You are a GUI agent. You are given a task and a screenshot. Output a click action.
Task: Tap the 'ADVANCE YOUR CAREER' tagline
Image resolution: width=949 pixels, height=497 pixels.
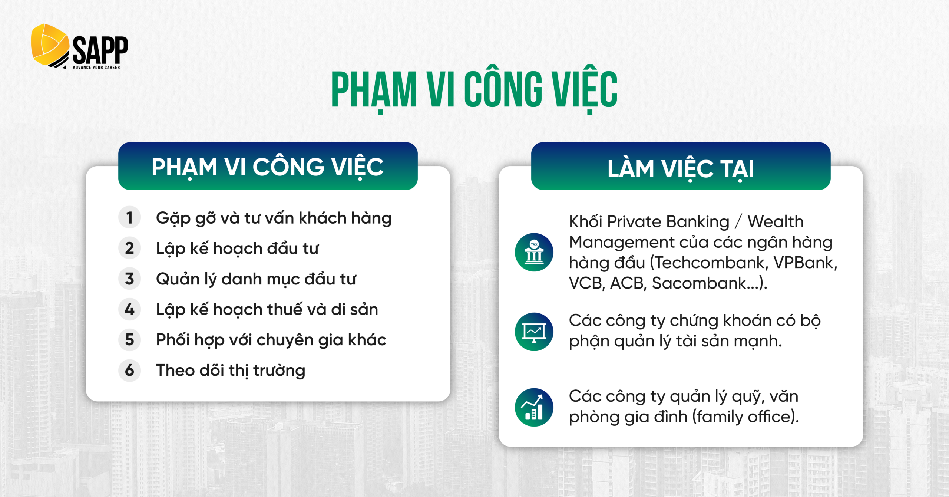click(x=96, y=68)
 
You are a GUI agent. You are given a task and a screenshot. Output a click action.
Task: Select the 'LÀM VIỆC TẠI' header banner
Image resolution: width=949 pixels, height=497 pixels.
click(x=681, y=166)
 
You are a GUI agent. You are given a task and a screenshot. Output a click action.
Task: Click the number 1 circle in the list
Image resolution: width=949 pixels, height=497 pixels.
click(x=129, y=218)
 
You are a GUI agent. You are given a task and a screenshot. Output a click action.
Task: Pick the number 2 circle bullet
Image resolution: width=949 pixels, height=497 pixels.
click(x=129, y=248)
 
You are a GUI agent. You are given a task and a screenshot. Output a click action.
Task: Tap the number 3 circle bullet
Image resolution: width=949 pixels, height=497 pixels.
click(x=129, y=279)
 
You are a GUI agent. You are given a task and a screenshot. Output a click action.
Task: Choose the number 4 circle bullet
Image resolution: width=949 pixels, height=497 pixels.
click(x=129, y=309)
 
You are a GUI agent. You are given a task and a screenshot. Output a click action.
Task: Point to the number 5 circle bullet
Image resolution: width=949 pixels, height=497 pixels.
click(x=129, y=339)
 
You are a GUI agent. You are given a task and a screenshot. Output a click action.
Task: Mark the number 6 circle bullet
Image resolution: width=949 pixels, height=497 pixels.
click(x=129, y=370)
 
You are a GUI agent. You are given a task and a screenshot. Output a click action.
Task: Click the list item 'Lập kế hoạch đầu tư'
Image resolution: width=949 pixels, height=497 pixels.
click(x=237, y=249)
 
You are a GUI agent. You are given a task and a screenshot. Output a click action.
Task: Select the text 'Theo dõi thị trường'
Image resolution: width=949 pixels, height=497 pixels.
click(x=231, y=371)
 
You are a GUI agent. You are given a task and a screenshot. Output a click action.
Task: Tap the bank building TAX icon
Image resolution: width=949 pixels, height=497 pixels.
click(x=534, y=252)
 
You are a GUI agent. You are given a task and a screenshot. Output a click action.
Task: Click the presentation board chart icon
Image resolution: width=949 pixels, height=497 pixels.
click(x=534, y=332)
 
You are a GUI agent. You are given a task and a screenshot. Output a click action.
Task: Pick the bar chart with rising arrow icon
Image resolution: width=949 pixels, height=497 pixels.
click(x=534, y=407)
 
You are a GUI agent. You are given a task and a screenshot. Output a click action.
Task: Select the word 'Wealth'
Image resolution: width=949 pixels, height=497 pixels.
click(x=776, y=222)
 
